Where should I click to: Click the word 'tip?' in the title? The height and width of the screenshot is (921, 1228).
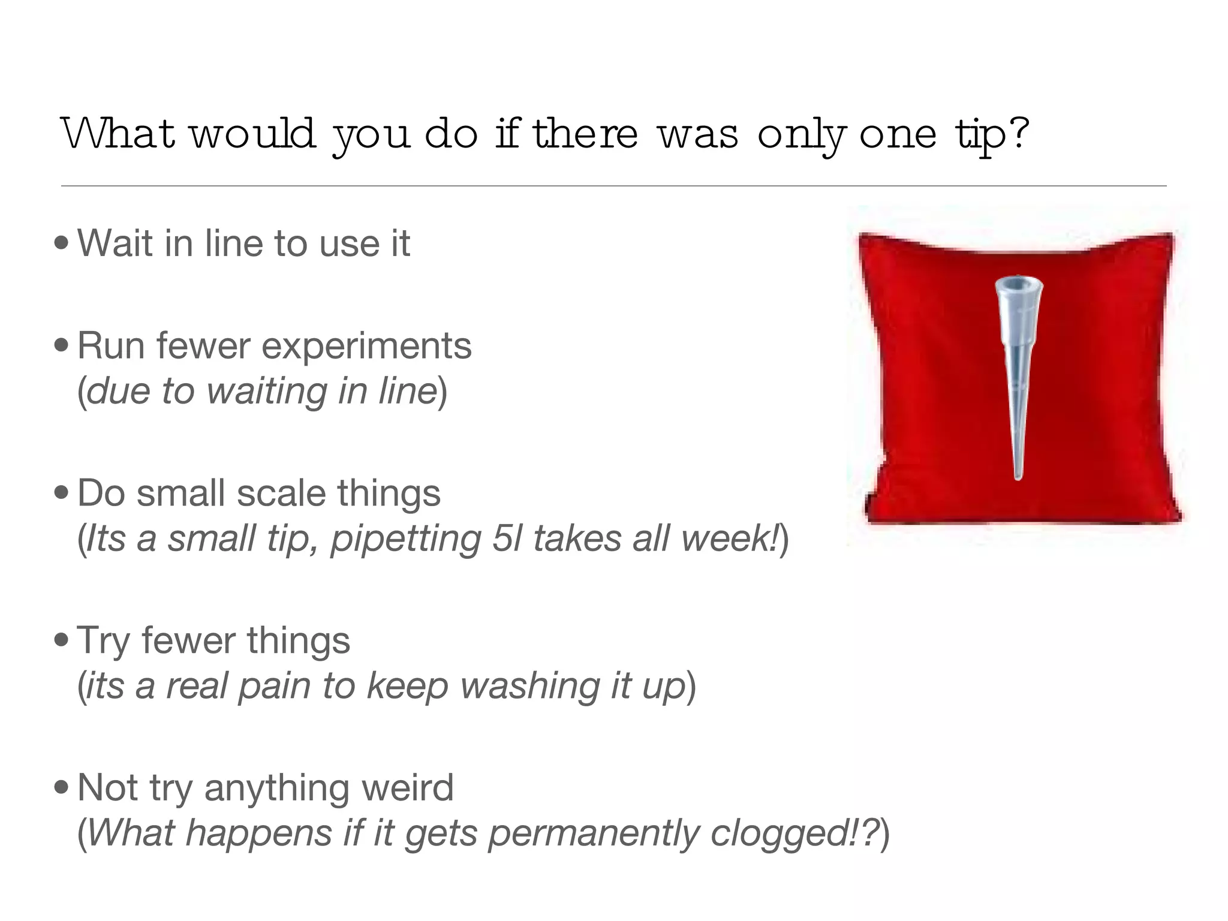pos(992,134)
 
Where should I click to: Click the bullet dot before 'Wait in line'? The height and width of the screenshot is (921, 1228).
pos(61,243)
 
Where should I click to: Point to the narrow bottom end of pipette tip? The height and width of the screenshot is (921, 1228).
pos(1018,476)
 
